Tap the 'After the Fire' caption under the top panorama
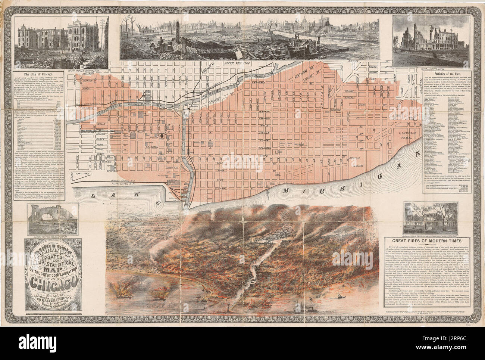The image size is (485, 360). point(237,63)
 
